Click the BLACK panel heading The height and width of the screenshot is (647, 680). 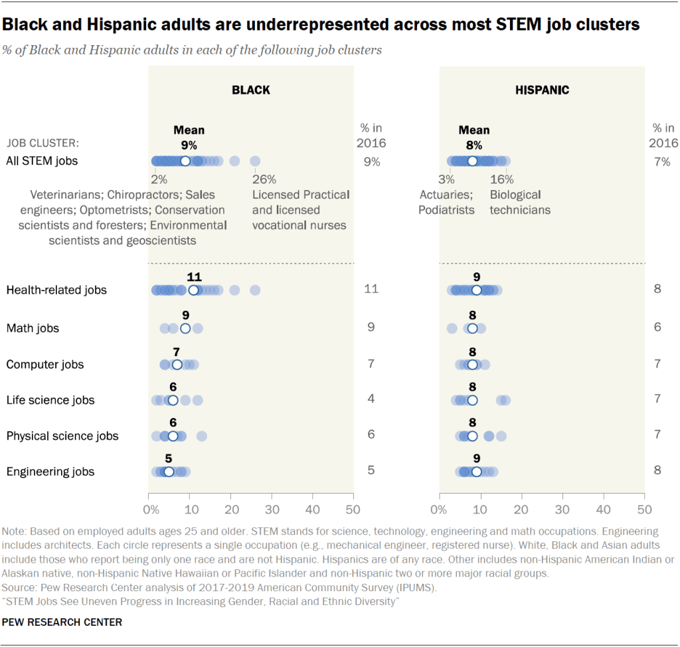[250, 90]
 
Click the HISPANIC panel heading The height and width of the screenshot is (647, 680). [542, 90]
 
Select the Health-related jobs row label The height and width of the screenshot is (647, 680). [56, 290]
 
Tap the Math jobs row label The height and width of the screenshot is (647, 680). [33, 328]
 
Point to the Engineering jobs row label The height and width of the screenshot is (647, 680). [50, 472]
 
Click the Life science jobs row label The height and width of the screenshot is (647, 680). [50, 400]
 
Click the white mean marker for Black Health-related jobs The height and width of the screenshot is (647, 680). [193, 290]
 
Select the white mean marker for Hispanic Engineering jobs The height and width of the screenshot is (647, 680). [476, 472]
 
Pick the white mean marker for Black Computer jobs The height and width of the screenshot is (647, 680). [177, 365]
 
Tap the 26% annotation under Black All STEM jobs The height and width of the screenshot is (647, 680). [264, 179]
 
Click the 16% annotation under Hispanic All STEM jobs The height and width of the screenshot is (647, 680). [501, 179]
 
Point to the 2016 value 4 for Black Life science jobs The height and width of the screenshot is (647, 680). [371, 399]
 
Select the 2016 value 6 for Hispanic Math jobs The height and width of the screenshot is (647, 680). [657, 327]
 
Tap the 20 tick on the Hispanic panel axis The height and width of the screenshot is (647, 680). [521, 510]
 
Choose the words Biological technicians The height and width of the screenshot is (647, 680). [520, 202]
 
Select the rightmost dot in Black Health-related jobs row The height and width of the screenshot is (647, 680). [255, 290]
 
